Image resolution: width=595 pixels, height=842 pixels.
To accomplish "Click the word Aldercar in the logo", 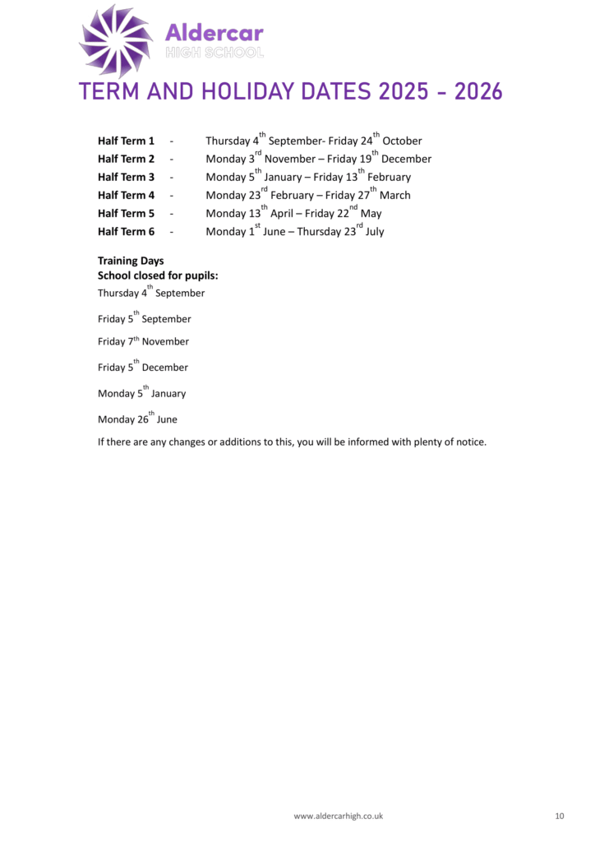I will coord(214,33).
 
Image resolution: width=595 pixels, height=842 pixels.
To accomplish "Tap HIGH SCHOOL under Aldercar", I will coord(214,53).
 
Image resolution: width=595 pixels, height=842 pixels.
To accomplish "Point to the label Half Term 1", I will coord(126,141).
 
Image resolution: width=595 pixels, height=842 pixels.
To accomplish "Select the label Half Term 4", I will coord(126,196).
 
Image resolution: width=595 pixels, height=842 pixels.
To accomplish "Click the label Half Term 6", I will coord(126,232).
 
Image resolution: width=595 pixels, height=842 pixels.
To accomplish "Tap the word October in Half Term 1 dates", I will coord(402,141).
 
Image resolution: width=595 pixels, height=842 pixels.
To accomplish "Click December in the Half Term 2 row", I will coord(406,160).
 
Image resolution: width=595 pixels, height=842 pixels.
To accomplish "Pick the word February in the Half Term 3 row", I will coord(389,178).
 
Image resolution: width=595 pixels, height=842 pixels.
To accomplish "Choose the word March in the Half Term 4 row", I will coord(394,196).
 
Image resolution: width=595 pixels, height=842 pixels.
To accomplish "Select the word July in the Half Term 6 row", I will coord(375,232).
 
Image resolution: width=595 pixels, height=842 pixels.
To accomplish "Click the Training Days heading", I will coord(131,261).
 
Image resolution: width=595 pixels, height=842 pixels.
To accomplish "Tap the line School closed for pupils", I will coord(158,276).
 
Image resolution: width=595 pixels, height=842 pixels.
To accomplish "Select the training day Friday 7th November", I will coord(143,342).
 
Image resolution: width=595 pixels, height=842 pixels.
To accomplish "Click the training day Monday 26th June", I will coord(137,419).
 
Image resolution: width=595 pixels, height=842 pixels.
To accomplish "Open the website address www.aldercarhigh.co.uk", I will coord(339,817).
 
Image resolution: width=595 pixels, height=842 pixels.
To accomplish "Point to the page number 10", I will coord(560,817).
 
